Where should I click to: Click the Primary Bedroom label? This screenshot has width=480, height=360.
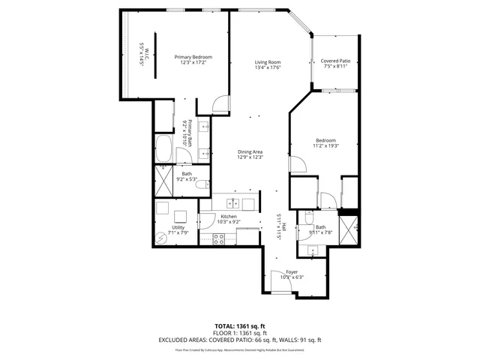193,57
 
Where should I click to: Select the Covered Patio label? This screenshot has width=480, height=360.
335,61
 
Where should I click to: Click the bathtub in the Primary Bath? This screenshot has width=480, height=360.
163,149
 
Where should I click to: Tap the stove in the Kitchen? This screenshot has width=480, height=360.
220,238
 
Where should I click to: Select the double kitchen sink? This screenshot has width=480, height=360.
234,203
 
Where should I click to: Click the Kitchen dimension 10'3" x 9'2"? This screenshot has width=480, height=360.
229,222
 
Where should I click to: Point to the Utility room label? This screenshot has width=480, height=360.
178,226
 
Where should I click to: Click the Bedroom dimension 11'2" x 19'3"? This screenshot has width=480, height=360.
326,145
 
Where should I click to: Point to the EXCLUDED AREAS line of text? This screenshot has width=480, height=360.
239,340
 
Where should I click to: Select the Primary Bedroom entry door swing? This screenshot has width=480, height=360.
217,105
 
